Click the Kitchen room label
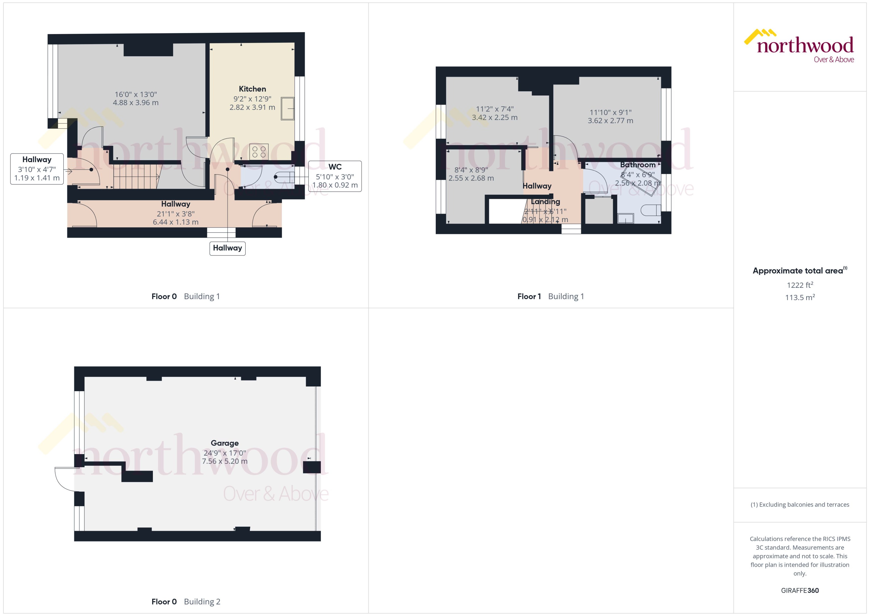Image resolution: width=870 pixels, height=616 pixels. pyautogui.click(x=252, y=89)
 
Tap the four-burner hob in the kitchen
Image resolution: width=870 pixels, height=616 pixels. pyautogui.click(x=259, y=152)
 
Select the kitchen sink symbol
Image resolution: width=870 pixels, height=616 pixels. pyautogui.click(x=287, y=108)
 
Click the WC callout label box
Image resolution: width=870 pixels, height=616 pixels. pyautogui.click(x=335, y=176)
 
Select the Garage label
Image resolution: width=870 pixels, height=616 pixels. pyautogui.click(x=224, y=443)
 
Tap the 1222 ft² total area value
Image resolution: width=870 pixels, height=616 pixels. pyautogui.click(x=799, y=285)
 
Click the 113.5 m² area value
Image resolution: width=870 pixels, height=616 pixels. pyautogui.click(x=799, y=297)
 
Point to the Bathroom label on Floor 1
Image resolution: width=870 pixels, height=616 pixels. pyautogui.click(x=638, y=165)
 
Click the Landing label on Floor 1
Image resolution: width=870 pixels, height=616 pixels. pyautogui.click(x=545, y=201)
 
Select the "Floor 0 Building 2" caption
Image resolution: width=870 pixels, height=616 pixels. pyautogui.click(x=186, y=601)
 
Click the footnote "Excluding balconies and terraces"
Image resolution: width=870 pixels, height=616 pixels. pyautogui.click(x=799, y=505)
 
